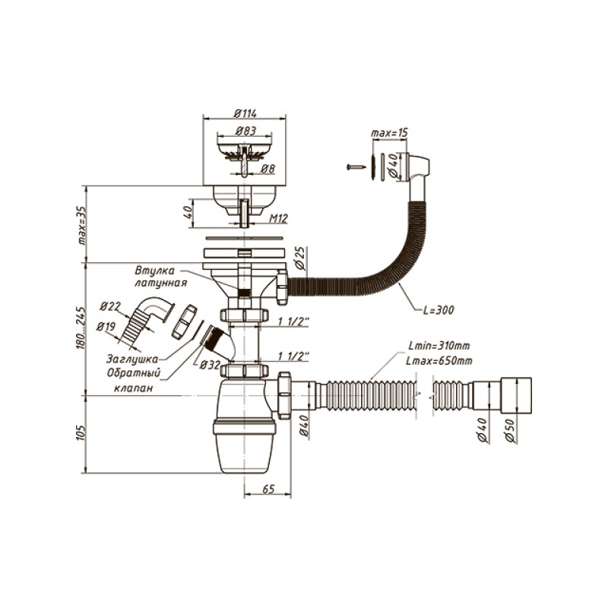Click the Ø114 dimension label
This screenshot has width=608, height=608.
coord(245,114)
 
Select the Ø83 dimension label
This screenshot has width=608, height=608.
coord(245,131)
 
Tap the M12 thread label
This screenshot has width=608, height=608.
coord(279,219)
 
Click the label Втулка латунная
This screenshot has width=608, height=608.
coord(160,277)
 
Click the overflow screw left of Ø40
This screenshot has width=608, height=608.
coord(354,166)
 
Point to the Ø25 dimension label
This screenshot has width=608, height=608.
coord(299,259)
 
